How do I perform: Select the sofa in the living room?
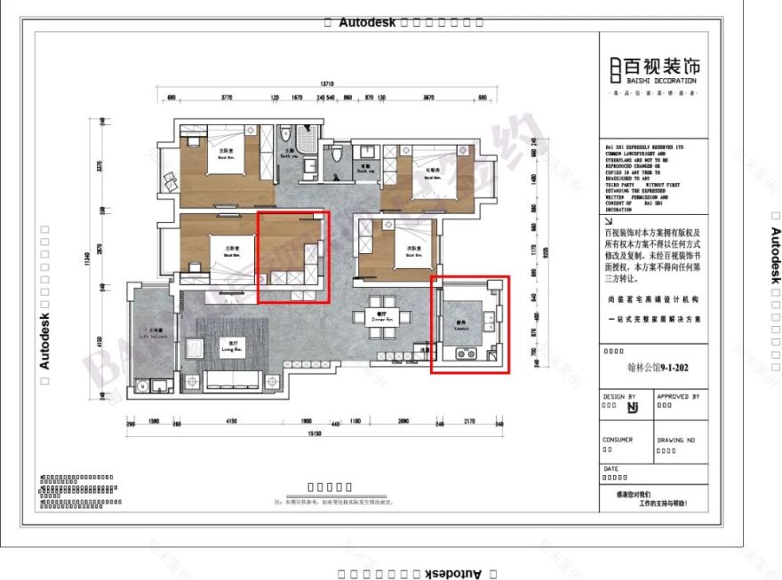point(232,382)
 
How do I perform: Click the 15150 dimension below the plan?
point(313,433)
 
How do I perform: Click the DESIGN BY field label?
point(619,397)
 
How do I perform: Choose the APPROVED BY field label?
point(678,397)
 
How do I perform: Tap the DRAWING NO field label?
point(676,440)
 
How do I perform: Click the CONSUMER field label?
point(618,440)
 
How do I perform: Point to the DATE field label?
point(610,469)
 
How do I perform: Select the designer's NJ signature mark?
point(633,408)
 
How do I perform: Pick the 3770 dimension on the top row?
point(227,97)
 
